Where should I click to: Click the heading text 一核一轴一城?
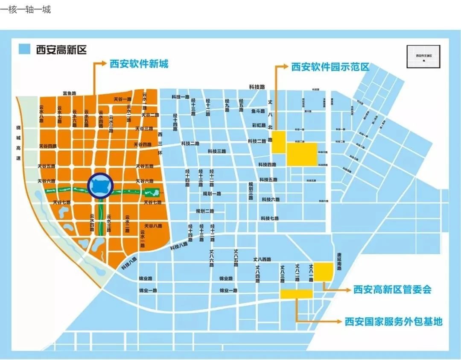point(26,9)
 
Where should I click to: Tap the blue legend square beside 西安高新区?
point(25,49)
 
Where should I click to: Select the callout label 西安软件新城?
point(139,64)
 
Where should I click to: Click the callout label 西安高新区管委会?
point(392,290)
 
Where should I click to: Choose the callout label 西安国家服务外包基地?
point(393,321)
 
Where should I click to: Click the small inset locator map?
point(423,56)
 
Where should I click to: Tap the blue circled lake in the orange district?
point(100,185)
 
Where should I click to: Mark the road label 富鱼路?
point(69,93)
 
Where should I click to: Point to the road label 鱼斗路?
point(259,111)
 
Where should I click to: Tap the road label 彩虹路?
point(259,125)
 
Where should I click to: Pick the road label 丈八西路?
point(262,259)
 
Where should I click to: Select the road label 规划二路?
point(205,211)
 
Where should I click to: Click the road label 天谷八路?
point(153,225)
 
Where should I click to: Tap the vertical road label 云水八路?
point(41,114)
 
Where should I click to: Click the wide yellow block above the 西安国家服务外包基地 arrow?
point(296,294)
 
